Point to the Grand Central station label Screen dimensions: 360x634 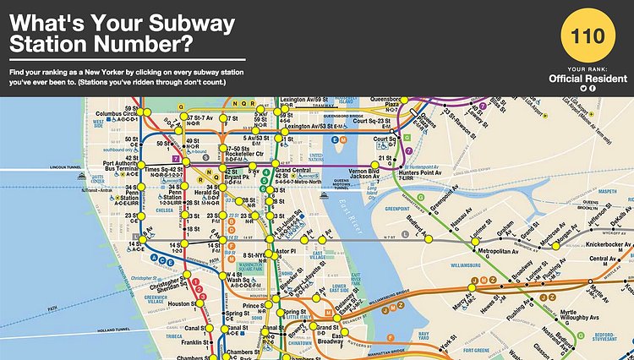tap(298, 170)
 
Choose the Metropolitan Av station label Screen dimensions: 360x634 tap(496, 252)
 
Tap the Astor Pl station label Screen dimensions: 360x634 tap(285, 252)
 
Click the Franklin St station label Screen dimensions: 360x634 tap(193, 342)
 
